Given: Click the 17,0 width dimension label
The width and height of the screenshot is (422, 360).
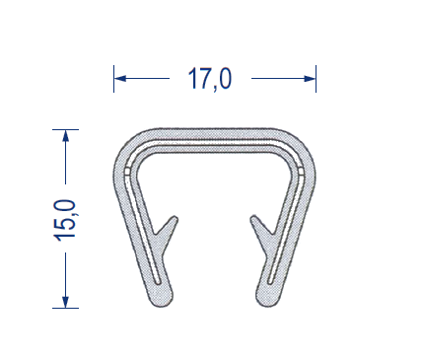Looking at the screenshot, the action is point(210,79).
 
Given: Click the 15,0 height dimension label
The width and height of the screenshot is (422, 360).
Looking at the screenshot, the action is point(64,220).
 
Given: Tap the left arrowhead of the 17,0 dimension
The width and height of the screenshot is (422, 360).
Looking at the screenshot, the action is point(120,79).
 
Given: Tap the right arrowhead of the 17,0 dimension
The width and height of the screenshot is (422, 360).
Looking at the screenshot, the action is point(310,79).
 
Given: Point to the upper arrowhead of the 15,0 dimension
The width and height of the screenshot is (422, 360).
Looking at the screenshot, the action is point(66,135).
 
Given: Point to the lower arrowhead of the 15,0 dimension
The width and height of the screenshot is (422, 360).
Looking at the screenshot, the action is point(66,302).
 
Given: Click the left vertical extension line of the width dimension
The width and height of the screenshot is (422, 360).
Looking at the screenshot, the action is point(113,79).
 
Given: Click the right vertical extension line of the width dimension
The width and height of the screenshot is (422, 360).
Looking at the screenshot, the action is point(316,79).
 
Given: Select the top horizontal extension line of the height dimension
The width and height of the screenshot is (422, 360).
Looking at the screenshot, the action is point(66,129).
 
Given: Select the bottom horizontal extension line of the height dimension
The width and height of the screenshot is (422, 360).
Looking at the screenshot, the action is point(66,309).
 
